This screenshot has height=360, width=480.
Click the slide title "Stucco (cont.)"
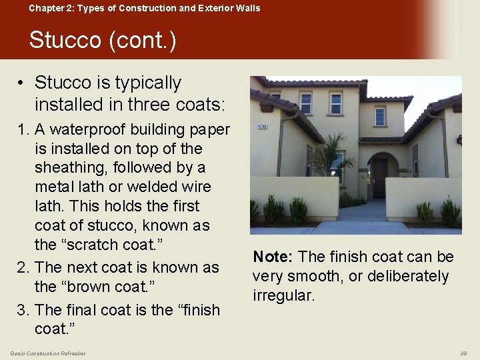[103, 41]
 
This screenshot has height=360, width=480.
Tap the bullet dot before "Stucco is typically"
[22, 83]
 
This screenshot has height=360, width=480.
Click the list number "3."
[24, 309]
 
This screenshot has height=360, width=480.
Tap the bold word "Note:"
[273, 257]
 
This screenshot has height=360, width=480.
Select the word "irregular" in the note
[283, 295]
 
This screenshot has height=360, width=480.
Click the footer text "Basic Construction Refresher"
[48, 353]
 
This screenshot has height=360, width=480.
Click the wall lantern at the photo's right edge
[459, 140]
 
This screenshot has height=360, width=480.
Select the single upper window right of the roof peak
[380, 116]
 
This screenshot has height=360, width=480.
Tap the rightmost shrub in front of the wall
[449, 213]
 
